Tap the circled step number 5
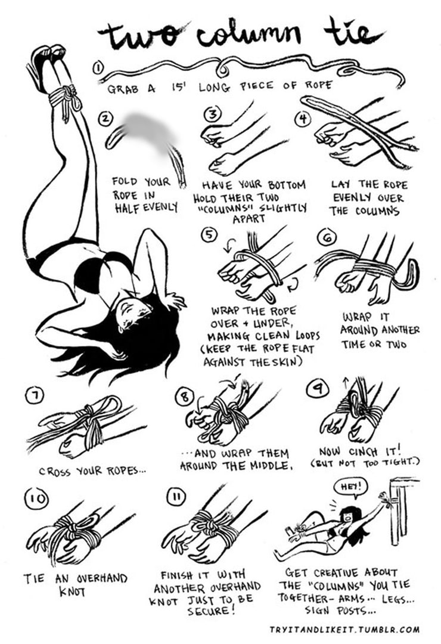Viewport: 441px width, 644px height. click(209, 234)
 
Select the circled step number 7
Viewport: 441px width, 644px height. click(35, 395)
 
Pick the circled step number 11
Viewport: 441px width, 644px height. click(176, 496)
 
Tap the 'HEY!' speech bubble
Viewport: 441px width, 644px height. click(352, 488)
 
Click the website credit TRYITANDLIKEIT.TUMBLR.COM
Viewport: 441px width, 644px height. click(344, 629)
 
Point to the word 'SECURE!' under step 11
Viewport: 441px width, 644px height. click(211, 611)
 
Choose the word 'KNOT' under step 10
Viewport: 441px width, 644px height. click(72, 592)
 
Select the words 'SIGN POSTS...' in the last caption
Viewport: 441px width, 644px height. click(340, 611)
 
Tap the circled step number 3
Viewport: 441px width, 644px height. click(213, 114)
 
